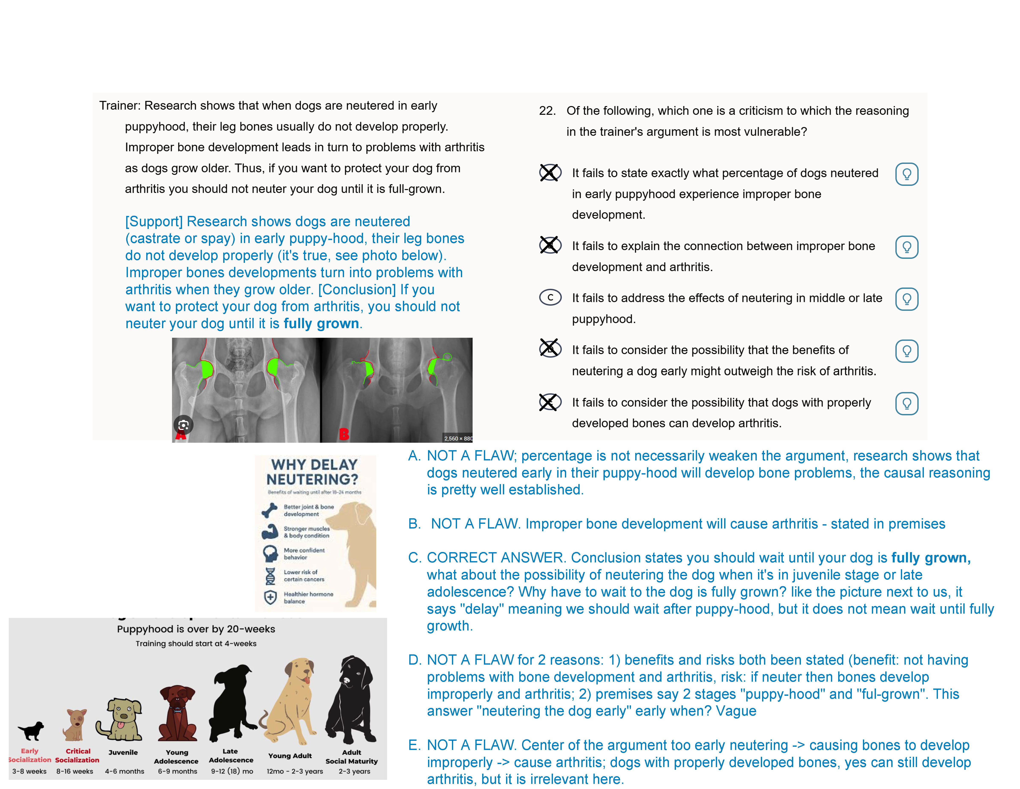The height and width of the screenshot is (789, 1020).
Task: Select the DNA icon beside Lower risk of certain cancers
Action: tap(270, 576)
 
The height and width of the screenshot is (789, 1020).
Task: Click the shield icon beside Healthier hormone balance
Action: tap(270, 597)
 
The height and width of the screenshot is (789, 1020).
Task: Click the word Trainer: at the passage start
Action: tap(120, 106)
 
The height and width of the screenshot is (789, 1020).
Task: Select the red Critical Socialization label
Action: tap(78, 755)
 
